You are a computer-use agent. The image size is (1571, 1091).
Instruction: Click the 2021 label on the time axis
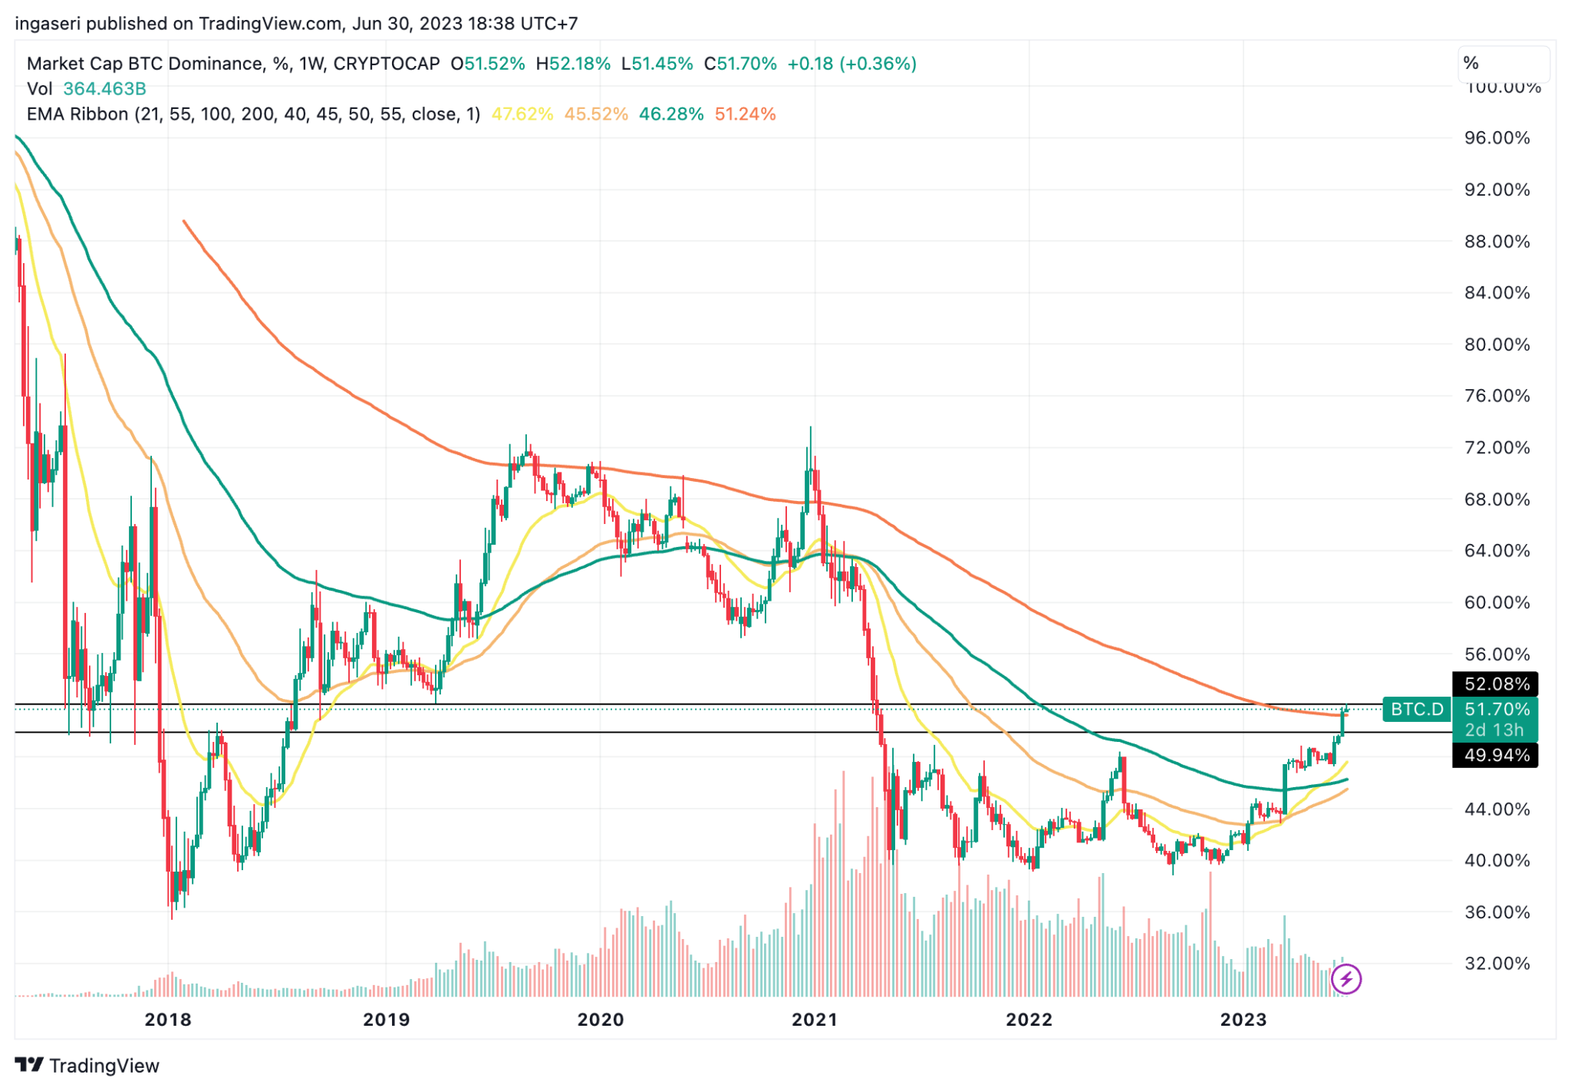pyautogui.click(x=814, y=1020)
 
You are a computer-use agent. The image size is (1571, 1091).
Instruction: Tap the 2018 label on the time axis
pyautogui.click(x=168, y=1020)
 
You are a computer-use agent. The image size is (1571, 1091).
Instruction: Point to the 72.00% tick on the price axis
pyautogui.click(x=1497, y=447)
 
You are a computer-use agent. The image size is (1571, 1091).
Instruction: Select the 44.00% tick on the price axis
pyautogui.click(x=1497, y=809)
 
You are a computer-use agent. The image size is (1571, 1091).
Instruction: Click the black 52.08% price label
pyautogui.click(x=1495, y=684)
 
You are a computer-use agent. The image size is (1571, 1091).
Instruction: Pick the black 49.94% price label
pyautogui.click(x=1495, y=756)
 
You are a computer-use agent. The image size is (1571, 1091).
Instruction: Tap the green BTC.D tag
pyautogui.click(x=1417, y=709)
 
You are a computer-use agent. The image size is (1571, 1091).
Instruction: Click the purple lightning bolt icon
pyautogui.click(x=1346, y=979)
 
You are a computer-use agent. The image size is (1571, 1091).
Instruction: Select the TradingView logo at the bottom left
pyautogui.click(x=87, y=1065)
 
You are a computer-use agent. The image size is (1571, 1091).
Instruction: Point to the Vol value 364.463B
pyautogui.click(x=104, y=89)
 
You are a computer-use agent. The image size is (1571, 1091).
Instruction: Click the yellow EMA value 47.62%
pyautogui.click(x=522, y=114)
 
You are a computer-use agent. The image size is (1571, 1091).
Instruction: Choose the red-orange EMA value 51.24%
pyautogui.click(x=745, y=114)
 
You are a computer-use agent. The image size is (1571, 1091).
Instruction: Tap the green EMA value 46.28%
pyautogui.click(x=671, y=114)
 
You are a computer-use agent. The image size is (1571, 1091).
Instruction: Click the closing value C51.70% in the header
pyautogui.click(x=740, y=64)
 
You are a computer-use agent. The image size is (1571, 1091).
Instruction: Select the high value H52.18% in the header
pyautogui.click(x=573, y=64)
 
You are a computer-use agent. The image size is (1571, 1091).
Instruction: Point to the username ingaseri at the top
pyautogui.click(x=48, y=24)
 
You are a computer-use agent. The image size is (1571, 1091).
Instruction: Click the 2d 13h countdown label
pyautogui.click(x=1494, y=730)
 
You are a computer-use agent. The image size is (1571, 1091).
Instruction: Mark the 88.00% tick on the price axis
pyautogui.click(x=1497, y=241)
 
